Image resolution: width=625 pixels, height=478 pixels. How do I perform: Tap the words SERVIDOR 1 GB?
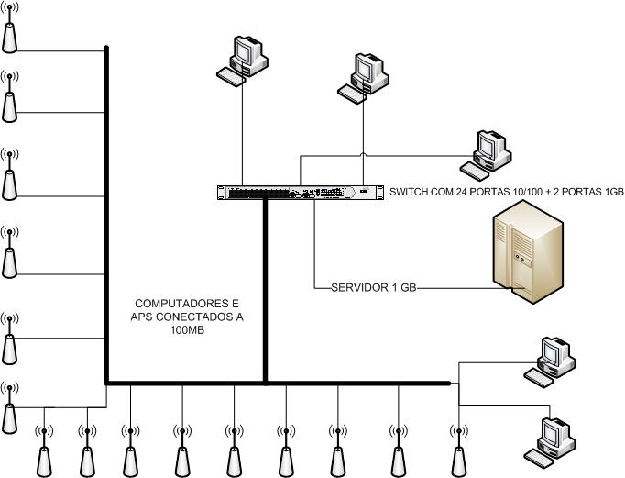[x=373, y=287]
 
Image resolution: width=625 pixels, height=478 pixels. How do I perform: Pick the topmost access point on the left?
[x=9, y=31]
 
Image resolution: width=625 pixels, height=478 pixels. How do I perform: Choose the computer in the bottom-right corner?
[x=552, y=439]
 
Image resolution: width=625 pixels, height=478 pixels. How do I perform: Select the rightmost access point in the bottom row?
[x=457, y=449]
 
